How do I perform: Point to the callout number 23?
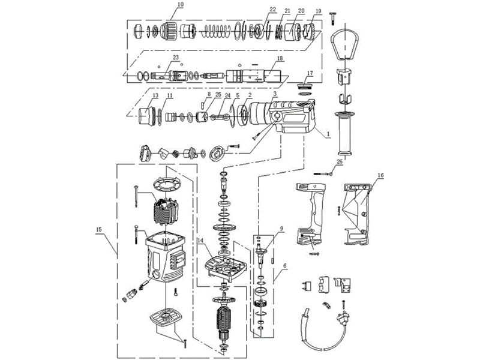pyautogui.click(x=175, y=58)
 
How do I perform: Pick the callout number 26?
pyautogui.click(x=340, y=161)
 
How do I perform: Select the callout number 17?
pyautogui.click(x=310, y=74)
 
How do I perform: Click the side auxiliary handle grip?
pyautogui.click(x=346, y=136)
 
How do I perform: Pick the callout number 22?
pyautogui.click(x=272, y=10)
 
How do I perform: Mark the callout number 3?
pyautogui.click(x=274, y=94)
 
